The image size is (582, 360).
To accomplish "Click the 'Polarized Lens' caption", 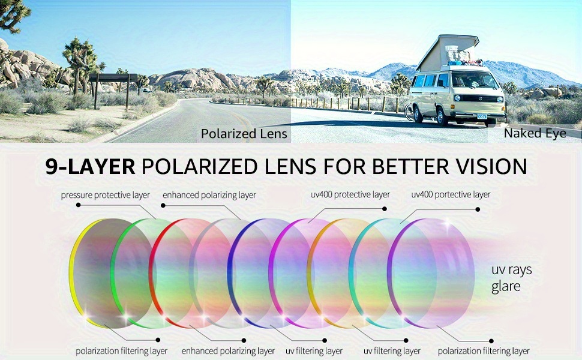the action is click(x=244, y=134).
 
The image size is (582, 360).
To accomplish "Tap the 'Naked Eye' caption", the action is click(x=535, y=133).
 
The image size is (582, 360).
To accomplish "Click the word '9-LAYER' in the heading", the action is click(x=90, y=166).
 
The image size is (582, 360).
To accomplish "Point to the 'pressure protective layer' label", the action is click(x=106, y=195).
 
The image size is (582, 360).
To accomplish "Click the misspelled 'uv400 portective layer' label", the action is click(x=451, y=194).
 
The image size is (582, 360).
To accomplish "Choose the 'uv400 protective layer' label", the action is click(x=350, y=194).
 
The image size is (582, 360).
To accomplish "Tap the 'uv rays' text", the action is click(x=511, y=270).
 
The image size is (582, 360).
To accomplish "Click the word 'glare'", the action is click(x=506, y=287).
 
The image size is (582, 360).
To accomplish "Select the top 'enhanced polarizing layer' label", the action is click(x=209, y=195).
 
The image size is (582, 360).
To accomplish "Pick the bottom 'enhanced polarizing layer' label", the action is click(x=228, y=351).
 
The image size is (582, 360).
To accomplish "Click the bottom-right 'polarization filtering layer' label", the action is click(x=483, y=351).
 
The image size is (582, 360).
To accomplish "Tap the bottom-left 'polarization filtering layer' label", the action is click(x=121, y=351).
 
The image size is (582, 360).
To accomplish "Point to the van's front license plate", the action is click(x=482, y=116).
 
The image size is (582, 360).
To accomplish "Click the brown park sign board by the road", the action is click(x=113, y=77).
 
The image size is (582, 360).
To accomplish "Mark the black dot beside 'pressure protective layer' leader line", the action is click(x=78, y=205).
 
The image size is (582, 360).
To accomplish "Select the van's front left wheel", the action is click(x=441, y=116).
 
